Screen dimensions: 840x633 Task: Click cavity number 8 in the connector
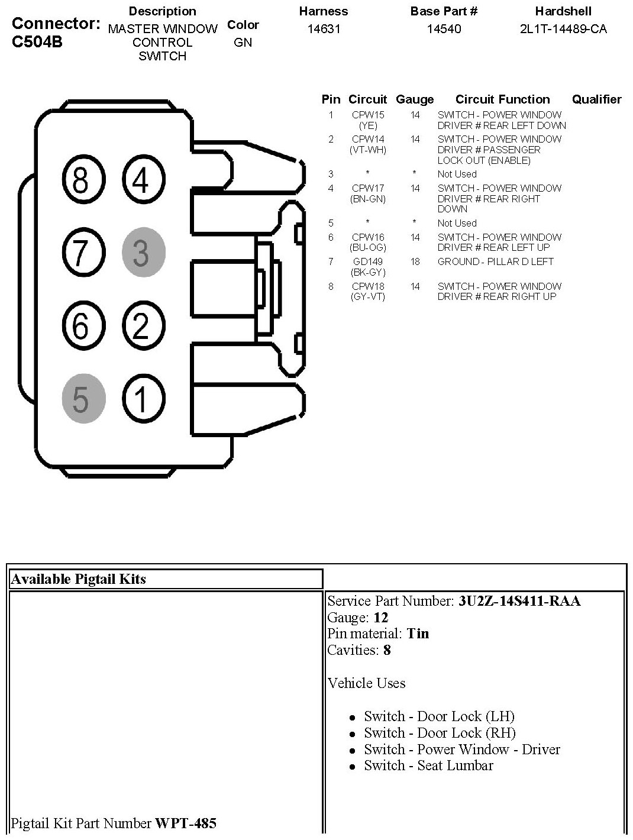coord(80,180)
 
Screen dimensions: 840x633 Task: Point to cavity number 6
coord(82,325)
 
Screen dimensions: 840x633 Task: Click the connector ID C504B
coord(37,43)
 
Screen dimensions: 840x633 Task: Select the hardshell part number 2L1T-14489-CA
coord(563,29)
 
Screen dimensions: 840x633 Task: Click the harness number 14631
coord(324,29)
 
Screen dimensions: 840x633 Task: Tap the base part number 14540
coord(444,29)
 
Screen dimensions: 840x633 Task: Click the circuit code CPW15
coord(368,115)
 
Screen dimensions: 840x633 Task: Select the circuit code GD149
coord(368,261)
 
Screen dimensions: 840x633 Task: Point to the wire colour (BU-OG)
coord(368,247)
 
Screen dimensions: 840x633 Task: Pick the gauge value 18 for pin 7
coord(415,261)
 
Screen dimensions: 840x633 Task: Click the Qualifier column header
coord(596,99)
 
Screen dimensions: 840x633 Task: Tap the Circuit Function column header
coord(502,99)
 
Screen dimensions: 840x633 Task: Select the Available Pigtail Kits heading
coord(78,579)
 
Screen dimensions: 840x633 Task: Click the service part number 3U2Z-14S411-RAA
coord(519,601)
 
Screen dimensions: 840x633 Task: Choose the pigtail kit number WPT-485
coord(185,823)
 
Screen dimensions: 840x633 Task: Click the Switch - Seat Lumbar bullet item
coord(428,765)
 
